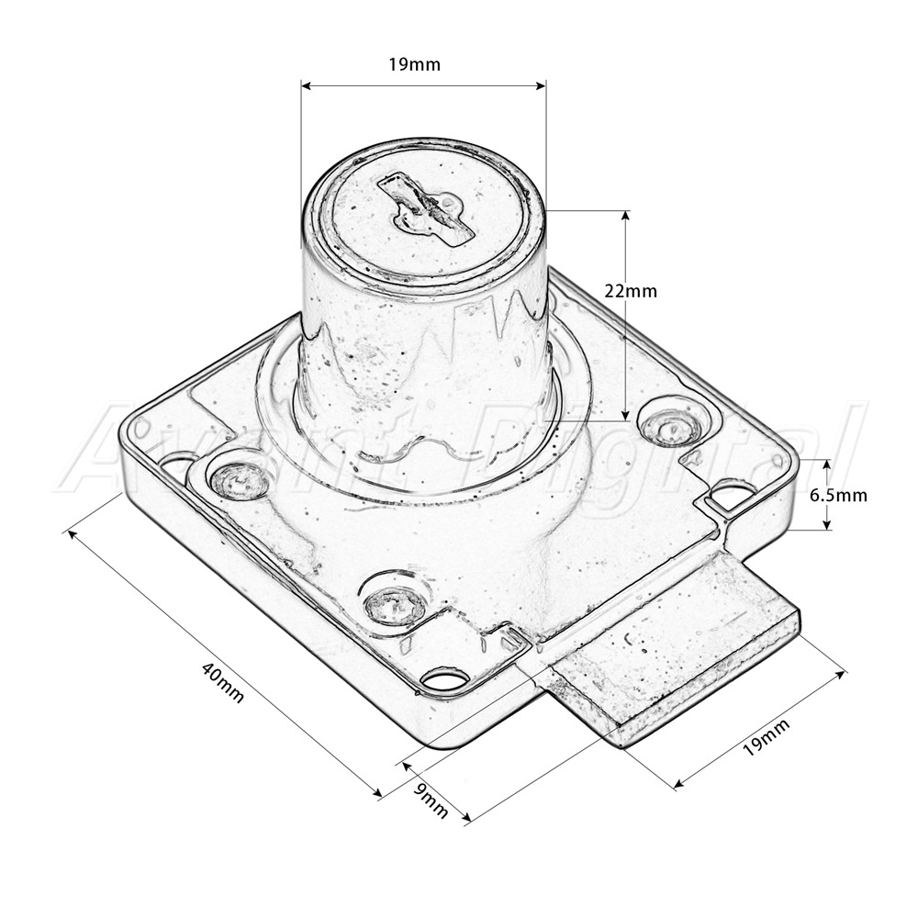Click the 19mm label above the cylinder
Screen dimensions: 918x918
click(x=414, y=64)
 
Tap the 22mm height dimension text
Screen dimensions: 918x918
click(x=631, y=290)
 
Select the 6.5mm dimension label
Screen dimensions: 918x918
click(x=838, y=496)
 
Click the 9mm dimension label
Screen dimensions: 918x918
click(x=431, y=800)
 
